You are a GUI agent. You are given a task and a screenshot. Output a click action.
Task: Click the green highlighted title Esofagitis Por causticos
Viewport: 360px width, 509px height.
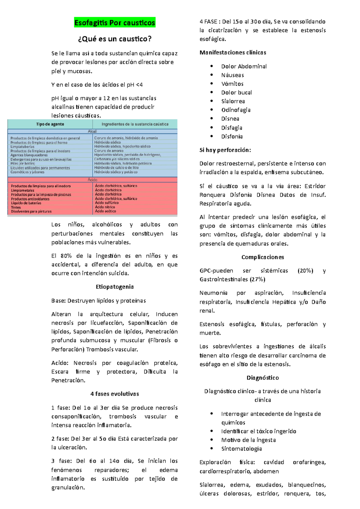click(x=115, y=23)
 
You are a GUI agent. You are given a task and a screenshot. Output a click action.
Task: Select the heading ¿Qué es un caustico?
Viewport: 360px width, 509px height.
click(x=115, y=39)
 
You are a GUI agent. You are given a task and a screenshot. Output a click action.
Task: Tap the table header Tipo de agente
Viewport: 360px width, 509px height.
click(x=50, y=124)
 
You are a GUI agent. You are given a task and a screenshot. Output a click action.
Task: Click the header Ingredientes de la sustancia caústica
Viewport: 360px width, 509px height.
click(x=135, y=124)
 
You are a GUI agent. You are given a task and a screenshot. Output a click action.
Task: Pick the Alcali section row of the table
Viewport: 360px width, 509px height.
click(x=92, y=131)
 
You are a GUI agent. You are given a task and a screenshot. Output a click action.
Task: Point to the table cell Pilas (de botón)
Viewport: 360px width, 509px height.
click(x=23, y=164)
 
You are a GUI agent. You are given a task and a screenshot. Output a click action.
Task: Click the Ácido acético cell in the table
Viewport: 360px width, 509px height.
click(x=106, y=211)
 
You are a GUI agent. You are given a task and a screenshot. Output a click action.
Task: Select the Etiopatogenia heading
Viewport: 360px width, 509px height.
click(x=115, y=287)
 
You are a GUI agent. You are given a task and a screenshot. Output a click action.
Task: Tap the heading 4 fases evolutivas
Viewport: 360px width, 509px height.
click(x=115, y=394)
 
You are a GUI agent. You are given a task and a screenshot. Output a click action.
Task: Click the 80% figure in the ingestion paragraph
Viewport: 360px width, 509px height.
click(x=66, y=256)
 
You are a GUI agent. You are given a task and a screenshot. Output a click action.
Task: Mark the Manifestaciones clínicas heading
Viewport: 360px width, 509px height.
click(x=233, y=52)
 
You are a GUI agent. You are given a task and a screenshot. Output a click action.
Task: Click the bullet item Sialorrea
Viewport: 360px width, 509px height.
click(x=233, y=101)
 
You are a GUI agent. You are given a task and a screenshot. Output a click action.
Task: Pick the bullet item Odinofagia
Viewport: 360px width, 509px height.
click(x=236, y=110)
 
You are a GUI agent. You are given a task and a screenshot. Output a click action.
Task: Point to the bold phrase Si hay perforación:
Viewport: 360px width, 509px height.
click(x=225, y=150)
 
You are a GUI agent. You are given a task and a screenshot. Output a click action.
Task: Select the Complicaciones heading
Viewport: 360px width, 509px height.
click(x=262, y=257)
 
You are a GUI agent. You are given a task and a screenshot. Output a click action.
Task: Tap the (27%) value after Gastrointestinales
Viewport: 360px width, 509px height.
click(x=257, y=279)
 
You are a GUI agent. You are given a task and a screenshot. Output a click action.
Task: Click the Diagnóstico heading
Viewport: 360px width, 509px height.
click(x=262, y=378)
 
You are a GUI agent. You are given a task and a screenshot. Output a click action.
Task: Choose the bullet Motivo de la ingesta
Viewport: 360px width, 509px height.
click(x=248, y=440)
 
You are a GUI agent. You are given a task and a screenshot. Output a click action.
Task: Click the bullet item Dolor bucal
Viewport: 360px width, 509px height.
click(x=236, y=93)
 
